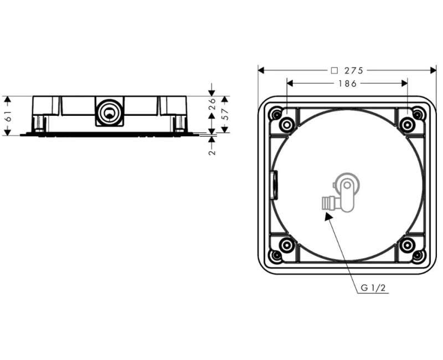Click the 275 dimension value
click(354, 70)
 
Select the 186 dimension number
click(348, 84)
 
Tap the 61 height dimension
click(8, 116)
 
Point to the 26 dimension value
click(212, 104)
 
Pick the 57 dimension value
click(225, 114)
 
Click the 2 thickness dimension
click(212, 152)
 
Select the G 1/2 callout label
click(373, 288)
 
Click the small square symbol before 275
click(334, 70)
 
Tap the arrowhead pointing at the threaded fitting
click(328, 217)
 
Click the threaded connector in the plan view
click(327, 203)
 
